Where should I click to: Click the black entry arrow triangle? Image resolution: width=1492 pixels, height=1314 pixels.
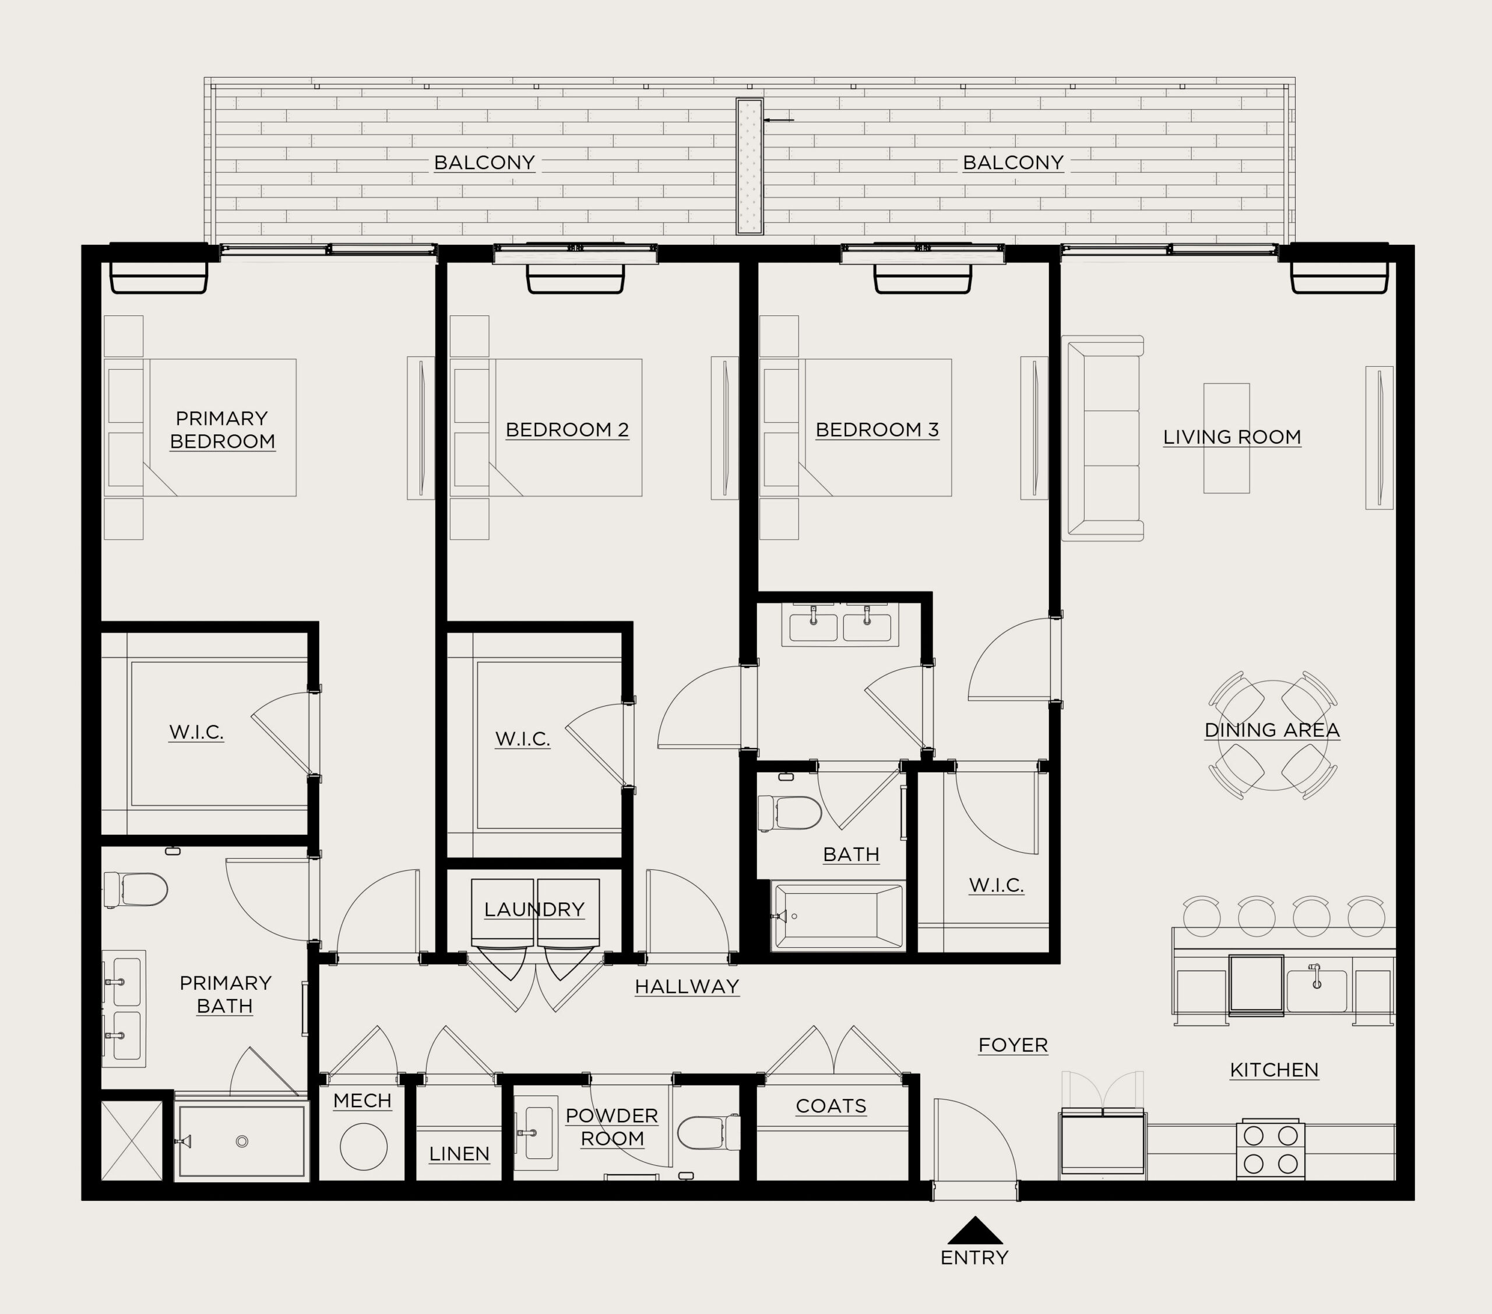pyautogui.click(x=975, y=1231)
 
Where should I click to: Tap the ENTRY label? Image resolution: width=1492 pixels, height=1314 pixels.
pyautogui.click(x=974, y=1258)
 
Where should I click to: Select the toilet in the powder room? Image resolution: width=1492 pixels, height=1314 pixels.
pyautogui.click(x=709, y=1132)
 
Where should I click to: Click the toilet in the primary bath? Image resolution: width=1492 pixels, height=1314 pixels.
pyautogui.click(x=136, y=890)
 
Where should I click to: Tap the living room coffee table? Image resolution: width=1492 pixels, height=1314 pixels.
pyautogui.click(x=1226, y=438)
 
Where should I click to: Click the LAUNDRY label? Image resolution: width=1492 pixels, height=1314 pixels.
pyautogui.click(x=534, y=909)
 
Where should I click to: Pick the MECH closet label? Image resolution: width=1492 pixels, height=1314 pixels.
pyautogui.click(x=362, y=1101)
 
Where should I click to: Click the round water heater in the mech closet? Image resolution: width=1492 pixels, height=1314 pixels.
pyautogui.click(x=364, y=1147)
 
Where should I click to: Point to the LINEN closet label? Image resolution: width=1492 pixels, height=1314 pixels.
pyautogui.click(x=459, y=1154)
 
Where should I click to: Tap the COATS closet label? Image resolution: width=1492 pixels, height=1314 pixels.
pyautogui.click(x=831, y=1106)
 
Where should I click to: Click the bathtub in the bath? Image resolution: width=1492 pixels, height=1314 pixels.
pyautogui.click(x=838, y=916)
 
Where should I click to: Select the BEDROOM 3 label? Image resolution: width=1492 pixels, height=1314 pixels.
pyautogui.click(x=877, y=430)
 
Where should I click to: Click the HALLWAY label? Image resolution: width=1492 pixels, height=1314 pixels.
pyautogui.click(x=687, y=987)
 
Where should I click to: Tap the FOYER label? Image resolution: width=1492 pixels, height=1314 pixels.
pyautogui.click(x=1013, y=1045)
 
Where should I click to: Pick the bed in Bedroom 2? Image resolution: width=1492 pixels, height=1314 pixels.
pyautogui.click(x=546, y=427)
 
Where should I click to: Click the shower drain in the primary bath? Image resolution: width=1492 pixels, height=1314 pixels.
pyautogui.click(x=242, y=1141)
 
